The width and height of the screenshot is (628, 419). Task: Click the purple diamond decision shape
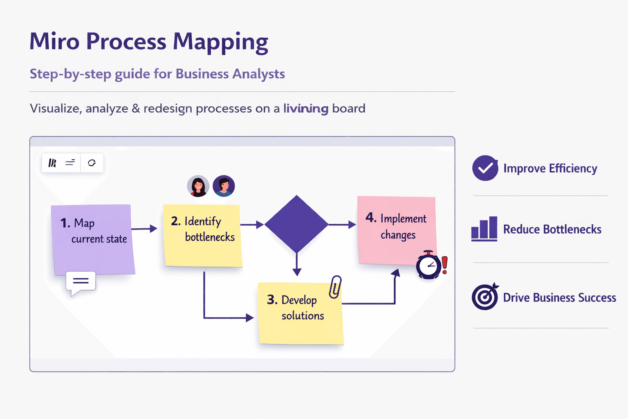(296, 224)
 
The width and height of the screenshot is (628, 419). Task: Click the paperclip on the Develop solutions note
(335, 287)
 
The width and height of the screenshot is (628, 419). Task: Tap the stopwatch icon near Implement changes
(428, 266)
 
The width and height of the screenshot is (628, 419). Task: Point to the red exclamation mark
(445, 265)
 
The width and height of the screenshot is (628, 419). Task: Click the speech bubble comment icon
(81, 282)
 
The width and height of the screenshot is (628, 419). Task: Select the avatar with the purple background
(224, 186)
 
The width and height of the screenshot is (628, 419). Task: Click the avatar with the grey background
(198, 186)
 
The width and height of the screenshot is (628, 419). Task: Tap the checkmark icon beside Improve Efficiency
(485, 168)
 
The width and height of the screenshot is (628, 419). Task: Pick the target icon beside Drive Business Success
(485, 297)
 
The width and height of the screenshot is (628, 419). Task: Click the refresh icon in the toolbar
(92, 163)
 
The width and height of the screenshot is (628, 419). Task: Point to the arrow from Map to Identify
(144, 229)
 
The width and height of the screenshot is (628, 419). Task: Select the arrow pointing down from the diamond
(297, 264)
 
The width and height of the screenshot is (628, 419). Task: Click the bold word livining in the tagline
(306, 108)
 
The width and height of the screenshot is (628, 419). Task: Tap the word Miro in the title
(54, 42)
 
